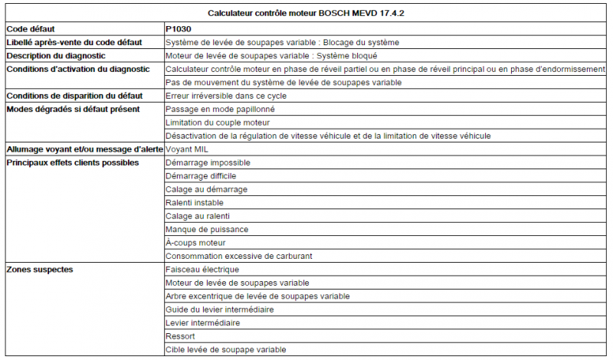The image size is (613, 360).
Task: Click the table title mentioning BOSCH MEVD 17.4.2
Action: click(306, 13)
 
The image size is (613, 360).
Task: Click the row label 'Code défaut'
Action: click(31, 28)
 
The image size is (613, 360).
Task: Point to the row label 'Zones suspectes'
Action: click(41, 270)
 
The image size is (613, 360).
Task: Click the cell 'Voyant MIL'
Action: click(187, 149)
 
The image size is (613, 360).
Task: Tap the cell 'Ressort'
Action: click(180, 336)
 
